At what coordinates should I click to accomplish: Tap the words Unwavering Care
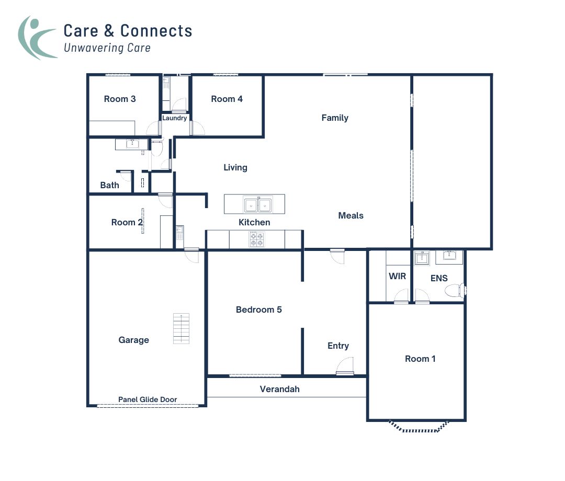point(107,48)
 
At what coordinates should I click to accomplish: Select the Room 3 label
point(120,99)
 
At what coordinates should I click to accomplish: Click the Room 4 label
point(227,99)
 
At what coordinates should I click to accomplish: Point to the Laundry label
point(174,118)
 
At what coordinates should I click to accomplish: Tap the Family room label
point(335,118)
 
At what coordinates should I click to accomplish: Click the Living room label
point(235,167)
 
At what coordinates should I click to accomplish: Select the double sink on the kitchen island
point(258,204)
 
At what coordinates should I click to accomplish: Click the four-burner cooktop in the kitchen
point(256,239)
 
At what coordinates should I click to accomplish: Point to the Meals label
point(351,215)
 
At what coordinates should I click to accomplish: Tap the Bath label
point(109,185)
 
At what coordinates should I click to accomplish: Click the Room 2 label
point(127,222)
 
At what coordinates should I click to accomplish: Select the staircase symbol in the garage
point(182,328)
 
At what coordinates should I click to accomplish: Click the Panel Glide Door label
point(148,399)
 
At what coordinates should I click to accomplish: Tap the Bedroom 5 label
point(258,310)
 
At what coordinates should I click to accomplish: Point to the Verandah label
point(280,389)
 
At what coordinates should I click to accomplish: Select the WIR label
point(397,276)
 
